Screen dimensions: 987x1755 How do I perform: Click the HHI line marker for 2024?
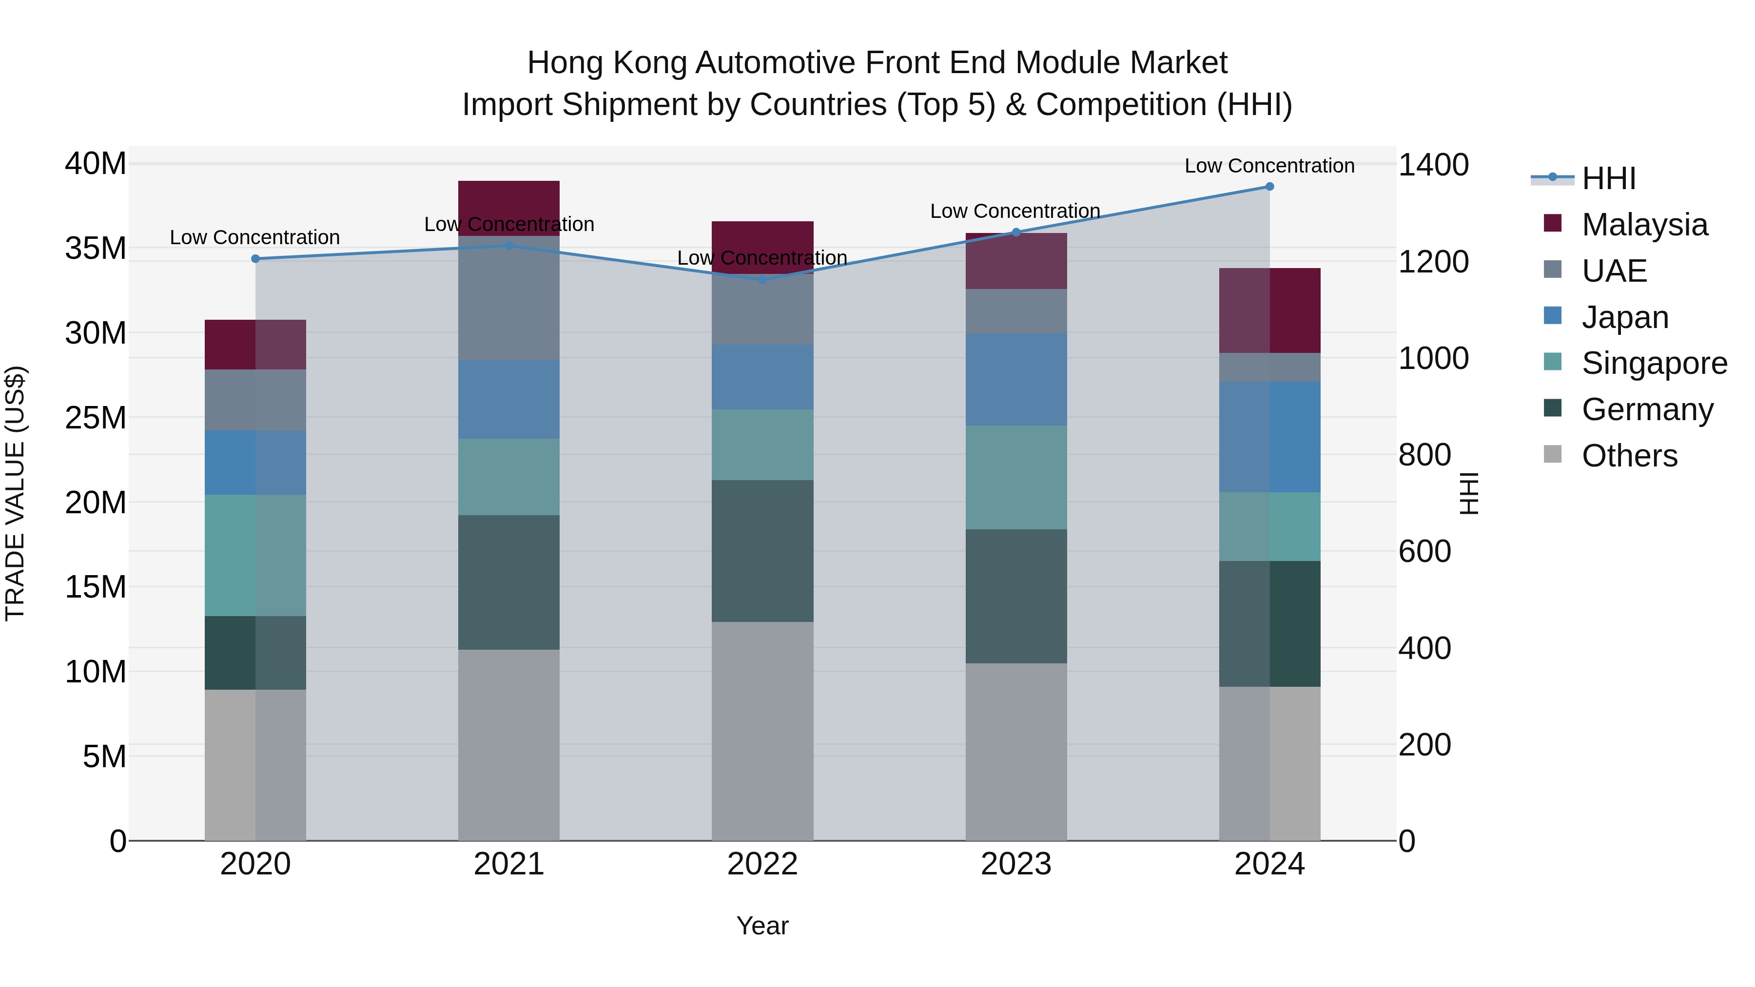pyautogui.click(x=1269, y=187)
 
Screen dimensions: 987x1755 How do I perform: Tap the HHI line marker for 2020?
pyautogui.click(x=255, y=259)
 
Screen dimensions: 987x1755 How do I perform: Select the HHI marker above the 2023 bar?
pyautogui.click(x=1016, y=232)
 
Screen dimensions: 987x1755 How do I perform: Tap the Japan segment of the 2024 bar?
pyautogui.click(x=1269, y=437)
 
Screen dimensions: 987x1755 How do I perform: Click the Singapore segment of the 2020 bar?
pyautogui.click(x=255, y=555)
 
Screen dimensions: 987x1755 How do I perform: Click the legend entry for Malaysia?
pyautogui.click(x=1644, y=225)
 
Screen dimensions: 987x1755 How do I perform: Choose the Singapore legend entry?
pyautogui.click(x=1654, y=363)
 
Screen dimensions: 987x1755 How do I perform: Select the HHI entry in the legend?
pyautogui.click(x=1608, y=178)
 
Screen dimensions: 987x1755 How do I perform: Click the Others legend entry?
pyautogui.click(x=1629, y=456)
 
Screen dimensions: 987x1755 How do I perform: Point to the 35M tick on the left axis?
pyautogui.click(x=96, y=249)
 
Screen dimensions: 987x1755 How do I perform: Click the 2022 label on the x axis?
pyautogui.click(x=762, y=864)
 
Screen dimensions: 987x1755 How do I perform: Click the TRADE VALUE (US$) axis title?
pyautogui.click(x=15, y=493)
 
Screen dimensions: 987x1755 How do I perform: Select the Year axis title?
pyautogui.click(x=762, y=926)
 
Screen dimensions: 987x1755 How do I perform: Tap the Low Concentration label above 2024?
pyautogui.click(x=1269, y=166)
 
